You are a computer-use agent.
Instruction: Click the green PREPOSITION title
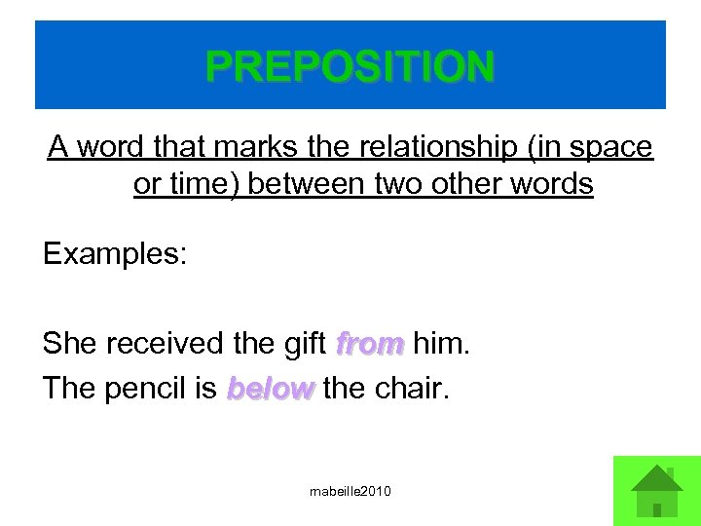pos(350,66)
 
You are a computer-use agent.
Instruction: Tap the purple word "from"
pos(369,343)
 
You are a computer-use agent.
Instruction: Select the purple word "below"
pos(271,389)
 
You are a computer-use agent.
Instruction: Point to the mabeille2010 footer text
pos(350,492)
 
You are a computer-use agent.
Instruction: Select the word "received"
pos(166,343)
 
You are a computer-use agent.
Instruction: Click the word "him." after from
pos(441,343)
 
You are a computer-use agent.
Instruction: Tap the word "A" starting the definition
pos(58,147)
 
